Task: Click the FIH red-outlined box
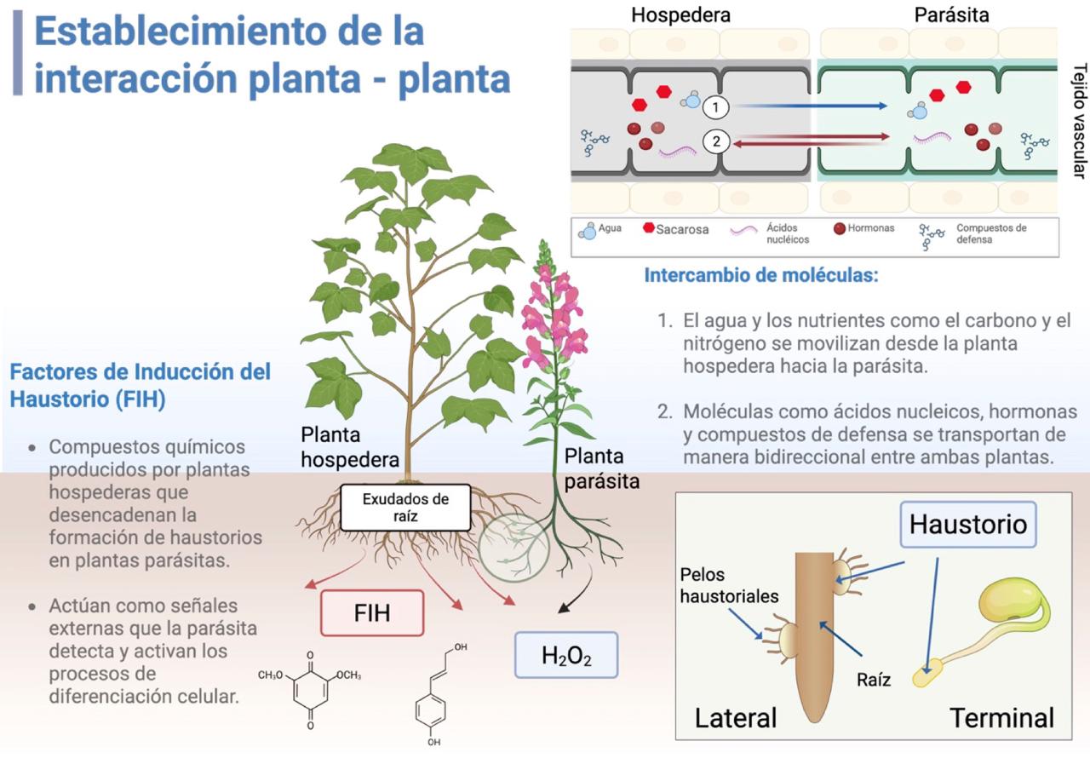(372, 612)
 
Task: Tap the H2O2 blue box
(566, 655)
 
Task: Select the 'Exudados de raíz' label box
(405, 507)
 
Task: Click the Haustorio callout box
(967, 523)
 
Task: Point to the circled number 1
(716, 107)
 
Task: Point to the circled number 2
(716, 142)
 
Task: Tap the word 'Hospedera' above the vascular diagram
(680, 14)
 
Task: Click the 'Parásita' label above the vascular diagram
(951, 14)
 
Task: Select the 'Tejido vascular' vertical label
(1079, 120)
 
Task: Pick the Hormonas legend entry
(864, 228)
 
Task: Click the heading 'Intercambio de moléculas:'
(760, 276)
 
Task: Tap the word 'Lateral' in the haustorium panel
(736, 718)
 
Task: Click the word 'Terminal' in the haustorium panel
(1001, 718)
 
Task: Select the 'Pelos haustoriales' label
(729, 585)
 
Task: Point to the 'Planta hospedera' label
(349, 447)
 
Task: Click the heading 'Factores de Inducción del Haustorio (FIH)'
(140, 385)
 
